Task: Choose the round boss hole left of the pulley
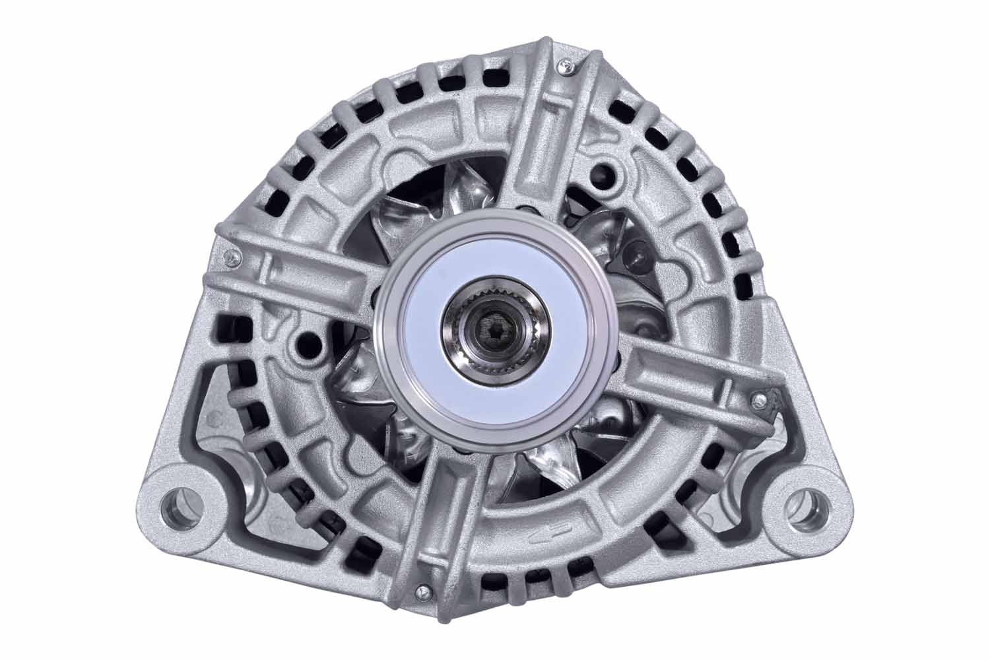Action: click(306, 343)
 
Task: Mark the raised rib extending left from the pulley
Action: click(297, 280)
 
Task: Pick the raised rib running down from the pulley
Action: click(445, 515)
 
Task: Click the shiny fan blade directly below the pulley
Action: click(548, 462)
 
